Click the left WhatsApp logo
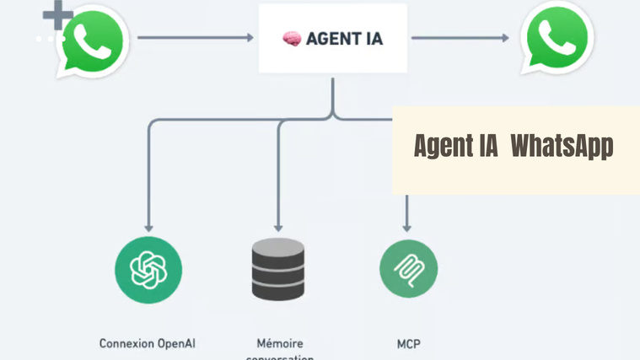(x=92, y=41)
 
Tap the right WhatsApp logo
(x=557, y=37)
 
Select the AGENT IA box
(x=332, y=39)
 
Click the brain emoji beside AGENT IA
(x=292, y=39)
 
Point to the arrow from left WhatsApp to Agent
(x=195, y=38)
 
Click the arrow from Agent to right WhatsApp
(x=460, y=38)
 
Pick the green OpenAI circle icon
(x=148, y=269)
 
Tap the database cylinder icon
(x=278, y=270)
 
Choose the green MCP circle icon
(x=408, y=269)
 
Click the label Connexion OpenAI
(x=148, y=343)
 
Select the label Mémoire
(x=279, y=343)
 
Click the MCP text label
(x=408, y=343)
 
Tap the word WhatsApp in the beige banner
(x=562, y=146)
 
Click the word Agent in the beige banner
(x=443, y=146)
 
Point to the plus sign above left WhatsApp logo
(x=57, y=14)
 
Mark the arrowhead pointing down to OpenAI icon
(x=148, y=227)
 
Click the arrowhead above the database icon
(x=278, y=227)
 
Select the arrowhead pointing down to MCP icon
(x=408, y=227)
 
